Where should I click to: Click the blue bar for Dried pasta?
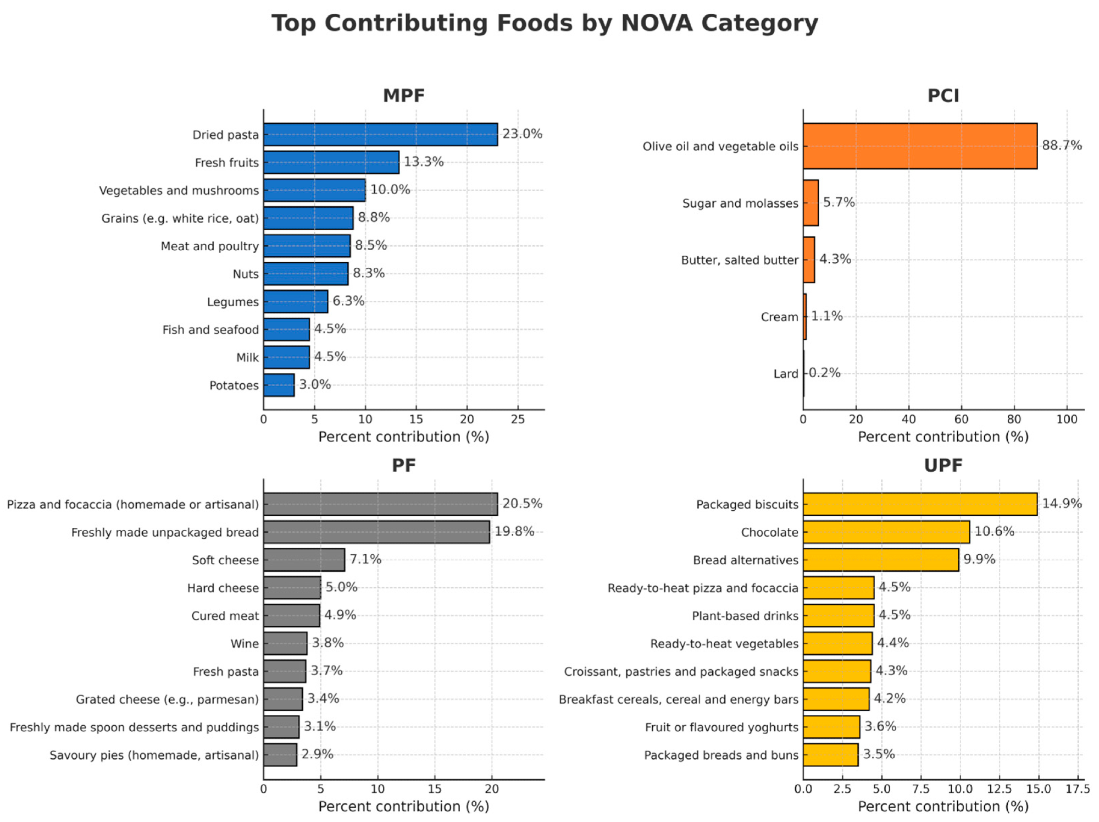point(380,134)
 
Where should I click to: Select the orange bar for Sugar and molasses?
point(811,202)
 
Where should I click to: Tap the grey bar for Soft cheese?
point(304,560)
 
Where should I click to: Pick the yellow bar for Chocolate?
point(886,532)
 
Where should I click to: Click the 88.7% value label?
point(1062,145)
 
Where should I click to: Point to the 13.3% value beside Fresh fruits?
point(423,162)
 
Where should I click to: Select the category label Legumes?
point(232,302)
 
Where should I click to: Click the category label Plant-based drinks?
point(745,616)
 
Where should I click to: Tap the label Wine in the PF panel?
point(245,643)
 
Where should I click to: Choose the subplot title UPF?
point(943,465)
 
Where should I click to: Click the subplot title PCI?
point(943,96)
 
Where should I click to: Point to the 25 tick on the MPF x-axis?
point(518,420)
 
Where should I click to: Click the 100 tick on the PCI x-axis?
point(1067,420)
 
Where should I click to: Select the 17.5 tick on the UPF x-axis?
point(1078,789)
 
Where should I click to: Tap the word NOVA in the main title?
point(656,23)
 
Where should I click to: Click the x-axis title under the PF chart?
point(403,807)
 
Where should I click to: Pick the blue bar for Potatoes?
point(279,385)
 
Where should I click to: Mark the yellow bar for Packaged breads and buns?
point(830,754)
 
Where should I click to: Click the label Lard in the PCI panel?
point(785,374)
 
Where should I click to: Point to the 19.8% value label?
point(514,531)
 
